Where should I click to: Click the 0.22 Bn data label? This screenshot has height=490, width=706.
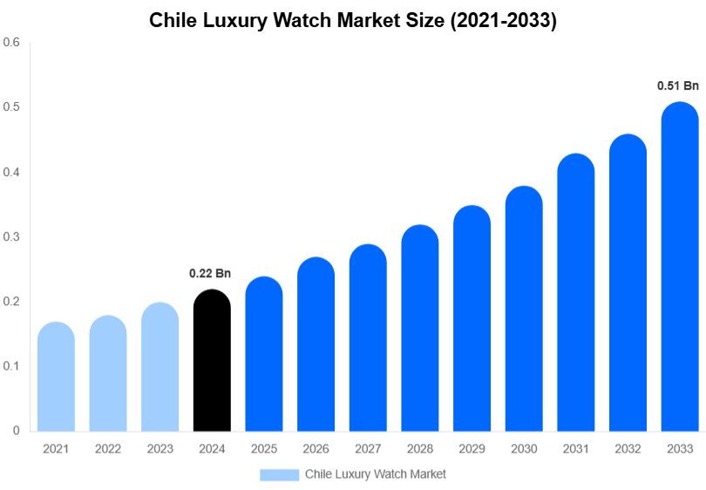(x=210, y=274)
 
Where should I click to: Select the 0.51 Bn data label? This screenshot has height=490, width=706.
(x=678, y=86)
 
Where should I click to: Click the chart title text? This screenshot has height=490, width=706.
(x=353, y=21)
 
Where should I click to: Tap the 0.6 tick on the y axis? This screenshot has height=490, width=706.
(x=11, y=42)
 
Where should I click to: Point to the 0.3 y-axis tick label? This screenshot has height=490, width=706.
(x=11, y=236)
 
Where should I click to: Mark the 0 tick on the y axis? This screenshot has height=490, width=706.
(x=16, y=431)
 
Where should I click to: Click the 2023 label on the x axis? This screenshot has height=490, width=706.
(x=160, y=449)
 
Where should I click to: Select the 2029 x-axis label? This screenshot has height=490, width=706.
(x=472, y=449)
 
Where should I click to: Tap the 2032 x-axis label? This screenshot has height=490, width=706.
(x=628, y=449)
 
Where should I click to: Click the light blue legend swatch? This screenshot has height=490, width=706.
(x=279, y=474)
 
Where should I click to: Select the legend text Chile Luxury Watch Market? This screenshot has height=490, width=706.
(x=375, y=474)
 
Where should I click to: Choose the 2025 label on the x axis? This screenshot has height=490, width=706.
(x=264, y=449)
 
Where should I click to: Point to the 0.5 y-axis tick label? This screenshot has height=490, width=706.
(x=11, y=107)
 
